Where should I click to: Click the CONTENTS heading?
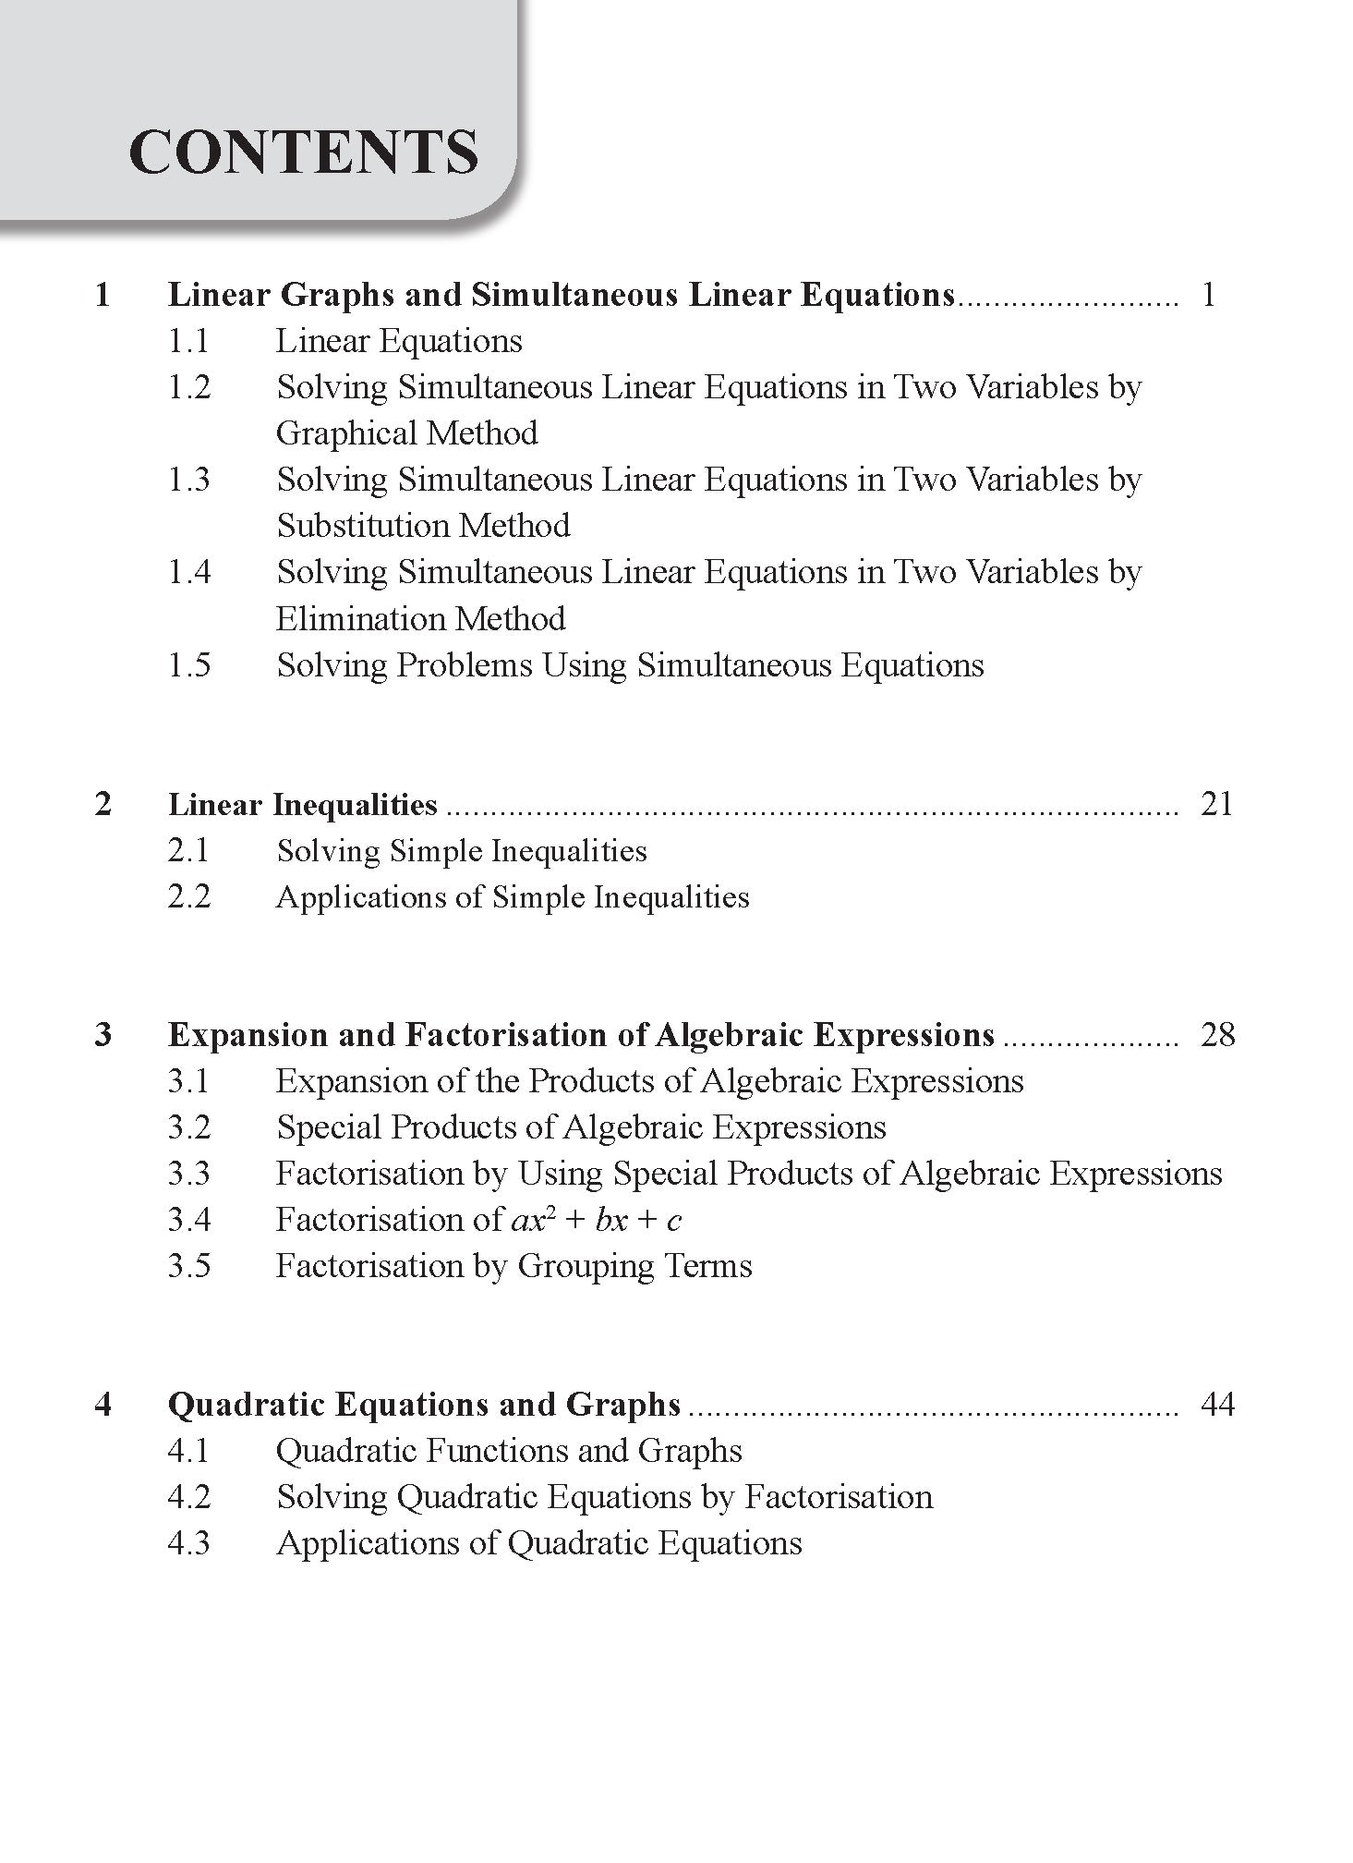click(x=304, y=152)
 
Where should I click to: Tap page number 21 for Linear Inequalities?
click(x=1216, y=804)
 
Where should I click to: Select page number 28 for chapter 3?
click(x=1216, y=1034)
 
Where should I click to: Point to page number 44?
click(x=1216, y=1405)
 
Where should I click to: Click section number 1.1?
click(x=188, y=341)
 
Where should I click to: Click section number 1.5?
click(x=188, y=665)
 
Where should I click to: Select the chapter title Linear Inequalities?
click(x=303, y=805)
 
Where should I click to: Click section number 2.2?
click(x=188, y=896)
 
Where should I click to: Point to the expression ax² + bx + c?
click(x=596, y=1220)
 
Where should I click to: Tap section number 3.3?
click(x=188, y=1174)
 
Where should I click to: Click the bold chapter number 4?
click(x=103, y=1405)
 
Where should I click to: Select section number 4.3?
click(x=188, y=1543)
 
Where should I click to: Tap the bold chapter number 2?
click(x=103, y=804)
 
